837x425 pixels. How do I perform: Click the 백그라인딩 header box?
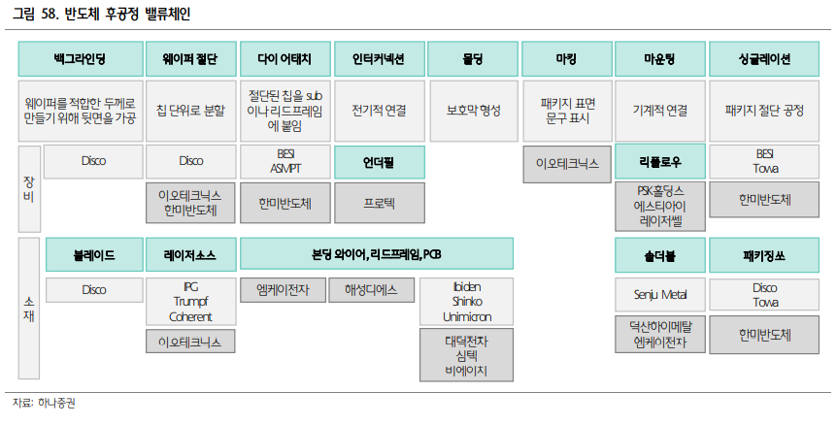click(x=80, y=59)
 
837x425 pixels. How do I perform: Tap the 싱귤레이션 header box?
click(x=764, y=59)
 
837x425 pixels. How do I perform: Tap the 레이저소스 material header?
click(x=190, y=255)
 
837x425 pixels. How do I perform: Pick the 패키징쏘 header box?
click(x=764, y=255)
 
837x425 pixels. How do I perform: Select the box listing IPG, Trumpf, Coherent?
click(x=190, y=302)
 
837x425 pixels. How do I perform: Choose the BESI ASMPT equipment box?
click(x=285, y=161)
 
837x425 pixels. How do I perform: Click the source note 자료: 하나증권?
click(x=44, y=403)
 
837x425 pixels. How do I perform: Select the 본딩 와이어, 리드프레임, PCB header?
click(x=377, y=255)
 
